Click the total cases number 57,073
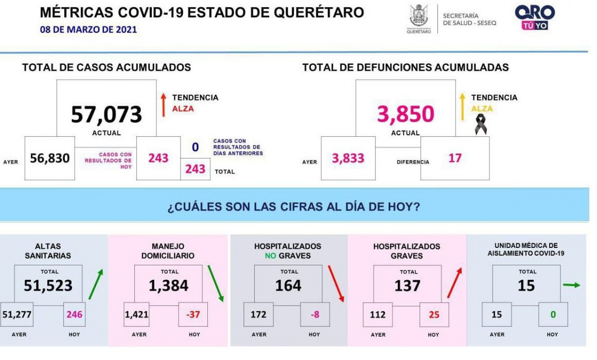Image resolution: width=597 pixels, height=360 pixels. tap(106, 114)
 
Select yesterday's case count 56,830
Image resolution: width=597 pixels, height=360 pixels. tap(50, 158)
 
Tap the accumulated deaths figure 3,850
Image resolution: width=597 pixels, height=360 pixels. tap(406, 114)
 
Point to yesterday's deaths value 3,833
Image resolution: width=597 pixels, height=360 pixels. tap(348, 158)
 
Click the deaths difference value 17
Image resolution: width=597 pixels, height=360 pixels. tap(455, 158)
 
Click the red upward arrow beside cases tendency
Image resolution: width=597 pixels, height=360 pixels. tap(163, 105)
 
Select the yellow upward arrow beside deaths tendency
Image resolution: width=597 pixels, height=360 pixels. tap(463, 107)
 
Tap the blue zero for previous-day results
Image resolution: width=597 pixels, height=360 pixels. tap(196, 147)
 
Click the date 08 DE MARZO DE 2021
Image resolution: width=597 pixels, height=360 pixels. tap(89, 30)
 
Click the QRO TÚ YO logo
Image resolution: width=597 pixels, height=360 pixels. tap(535, 17)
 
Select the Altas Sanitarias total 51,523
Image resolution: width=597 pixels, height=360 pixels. tap(48, 285)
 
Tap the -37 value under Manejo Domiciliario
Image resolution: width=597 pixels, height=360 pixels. tap(193, 314)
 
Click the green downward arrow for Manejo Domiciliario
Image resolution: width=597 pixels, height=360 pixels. tap(216, 283)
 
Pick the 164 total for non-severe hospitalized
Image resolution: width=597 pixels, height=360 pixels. tap(288, 285)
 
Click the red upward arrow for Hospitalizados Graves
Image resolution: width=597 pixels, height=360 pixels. tap(454, 282)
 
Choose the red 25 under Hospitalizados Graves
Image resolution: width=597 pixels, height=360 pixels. tap(434, 315)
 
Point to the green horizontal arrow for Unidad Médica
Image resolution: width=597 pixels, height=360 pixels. tap(571, 284)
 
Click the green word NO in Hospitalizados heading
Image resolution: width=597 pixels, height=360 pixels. tap(270, 256)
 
